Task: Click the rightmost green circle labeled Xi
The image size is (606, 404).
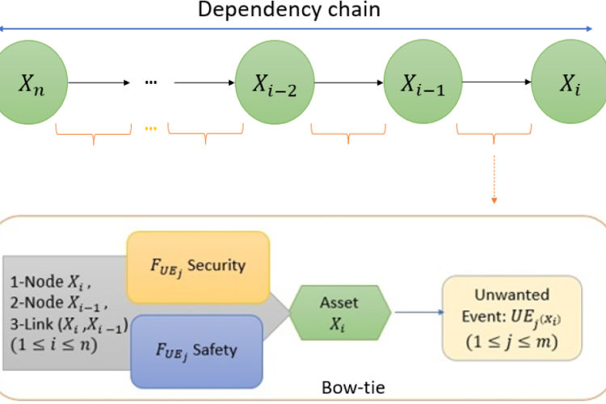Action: [x=569, y=82]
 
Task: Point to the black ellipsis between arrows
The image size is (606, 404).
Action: [x=151, y=82]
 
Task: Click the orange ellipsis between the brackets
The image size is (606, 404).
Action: [x=151, y=128]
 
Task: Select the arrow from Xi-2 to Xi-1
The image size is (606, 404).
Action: [x=347, y=82]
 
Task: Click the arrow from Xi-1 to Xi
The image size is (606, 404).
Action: [x=494, y=82]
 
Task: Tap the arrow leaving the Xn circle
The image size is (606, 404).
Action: [x=98, y=82]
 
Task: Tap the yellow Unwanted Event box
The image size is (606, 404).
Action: [x=511, y=317]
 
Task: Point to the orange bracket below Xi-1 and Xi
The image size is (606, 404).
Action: [x=494, y=131]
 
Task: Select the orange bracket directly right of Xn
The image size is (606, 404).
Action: [x=93, y=131]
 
